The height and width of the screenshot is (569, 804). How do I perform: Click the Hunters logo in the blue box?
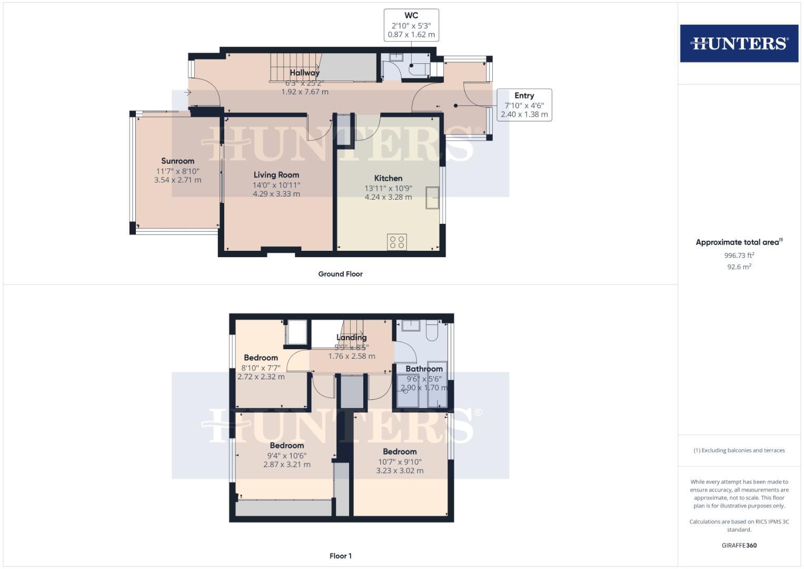[739, 43]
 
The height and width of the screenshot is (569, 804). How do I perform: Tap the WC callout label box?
[411, 25]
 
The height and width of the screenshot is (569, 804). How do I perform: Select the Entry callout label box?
[524, 105]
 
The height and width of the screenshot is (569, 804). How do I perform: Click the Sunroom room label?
[177, 161]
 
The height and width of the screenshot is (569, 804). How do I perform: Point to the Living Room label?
[276, 175]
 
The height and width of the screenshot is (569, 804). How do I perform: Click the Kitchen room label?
[388, 179]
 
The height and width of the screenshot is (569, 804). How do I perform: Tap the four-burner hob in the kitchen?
[396, 242]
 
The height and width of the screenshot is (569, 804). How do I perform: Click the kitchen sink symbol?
[433, 198]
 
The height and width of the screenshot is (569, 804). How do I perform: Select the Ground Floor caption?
[340, 274]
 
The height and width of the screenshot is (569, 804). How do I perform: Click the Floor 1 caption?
[340, 556]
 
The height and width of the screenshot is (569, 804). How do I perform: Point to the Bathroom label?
[424, 369]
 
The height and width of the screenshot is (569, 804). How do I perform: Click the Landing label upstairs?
[351, 338]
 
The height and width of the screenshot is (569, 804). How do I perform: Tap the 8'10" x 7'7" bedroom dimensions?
[261, 368]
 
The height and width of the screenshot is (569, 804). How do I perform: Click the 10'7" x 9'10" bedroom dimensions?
[400, 462]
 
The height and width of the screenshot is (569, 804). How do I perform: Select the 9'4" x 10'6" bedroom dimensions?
[286, 455]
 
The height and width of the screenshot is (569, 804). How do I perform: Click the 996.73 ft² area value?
[739, 256]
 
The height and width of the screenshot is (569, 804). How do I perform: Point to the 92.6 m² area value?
[739, 267]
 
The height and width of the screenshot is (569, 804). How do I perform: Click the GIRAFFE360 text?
[739, 545]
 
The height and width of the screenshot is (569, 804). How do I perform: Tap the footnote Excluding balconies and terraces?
[739, 450]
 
